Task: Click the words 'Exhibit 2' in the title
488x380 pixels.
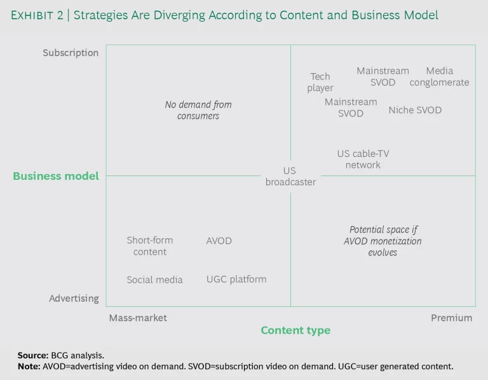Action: tap(37, 15)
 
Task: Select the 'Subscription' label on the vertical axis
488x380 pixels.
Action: tap(71, 53)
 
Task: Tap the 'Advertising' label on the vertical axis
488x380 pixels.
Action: tap(74, 298)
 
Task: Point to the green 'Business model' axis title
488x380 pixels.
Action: tap(56, 176)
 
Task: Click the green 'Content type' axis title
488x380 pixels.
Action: tap(295, 330)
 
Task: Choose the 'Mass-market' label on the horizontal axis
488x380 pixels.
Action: tap(138, 318)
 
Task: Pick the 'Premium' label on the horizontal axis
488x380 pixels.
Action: tap(451, 318)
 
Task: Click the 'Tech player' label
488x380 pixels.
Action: tap(320, 83)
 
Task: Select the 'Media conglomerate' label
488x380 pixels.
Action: tap(439, 77)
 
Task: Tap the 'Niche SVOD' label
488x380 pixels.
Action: tap(415, 110)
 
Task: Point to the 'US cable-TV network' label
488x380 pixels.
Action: tap(363, 159)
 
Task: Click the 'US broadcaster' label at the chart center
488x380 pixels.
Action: tap(290, 176)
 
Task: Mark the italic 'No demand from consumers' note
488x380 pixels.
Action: tap(198, 110)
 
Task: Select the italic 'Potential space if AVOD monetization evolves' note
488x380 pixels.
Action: tap(383, 241)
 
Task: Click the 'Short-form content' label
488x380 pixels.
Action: tap(150, 246)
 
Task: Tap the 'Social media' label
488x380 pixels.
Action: tap(154, 280)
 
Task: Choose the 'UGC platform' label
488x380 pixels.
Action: tap(236, 279)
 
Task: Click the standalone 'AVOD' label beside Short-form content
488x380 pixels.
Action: tap(219, 241)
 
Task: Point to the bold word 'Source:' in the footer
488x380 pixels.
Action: tap(33, 355)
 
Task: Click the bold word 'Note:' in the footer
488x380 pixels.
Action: tap(29, 367)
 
